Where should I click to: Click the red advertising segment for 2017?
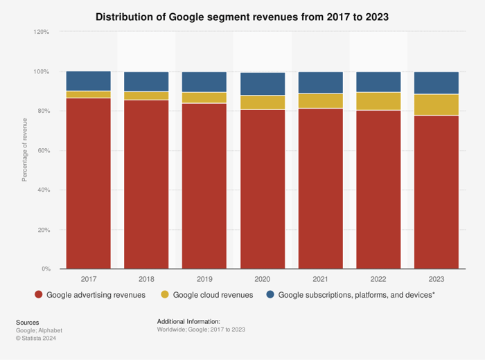click(x=88, y=183)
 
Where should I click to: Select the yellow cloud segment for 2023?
click(x=436, y=105)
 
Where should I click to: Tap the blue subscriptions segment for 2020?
click(x=263, y=84)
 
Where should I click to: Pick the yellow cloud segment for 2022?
click(x=378, y=101)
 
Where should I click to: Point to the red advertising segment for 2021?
click(x=320, y=188)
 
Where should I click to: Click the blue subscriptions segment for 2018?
click(x=146, y=82)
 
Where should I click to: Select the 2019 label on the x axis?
click(x=204, y=278)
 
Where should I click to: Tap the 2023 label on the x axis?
click(x=436, y=278)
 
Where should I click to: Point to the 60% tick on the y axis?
click(x=43, y=150)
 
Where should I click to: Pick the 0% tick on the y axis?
click(x=45, y=269)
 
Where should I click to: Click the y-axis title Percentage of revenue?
click(x=25, y=150)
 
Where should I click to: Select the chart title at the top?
click(x=242, y=15)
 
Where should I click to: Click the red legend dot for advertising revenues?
click(x=39, y=295)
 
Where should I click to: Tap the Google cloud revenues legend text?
click(x=213, y=295)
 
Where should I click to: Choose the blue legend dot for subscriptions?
click(x=270, y=295)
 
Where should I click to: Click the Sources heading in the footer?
click(x=28, y=322)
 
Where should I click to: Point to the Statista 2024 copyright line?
click(x=36, y=338)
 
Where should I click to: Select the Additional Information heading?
click(x=188, y=322)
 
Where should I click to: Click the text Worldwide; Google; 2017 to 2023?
click(x=201, y=330)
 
